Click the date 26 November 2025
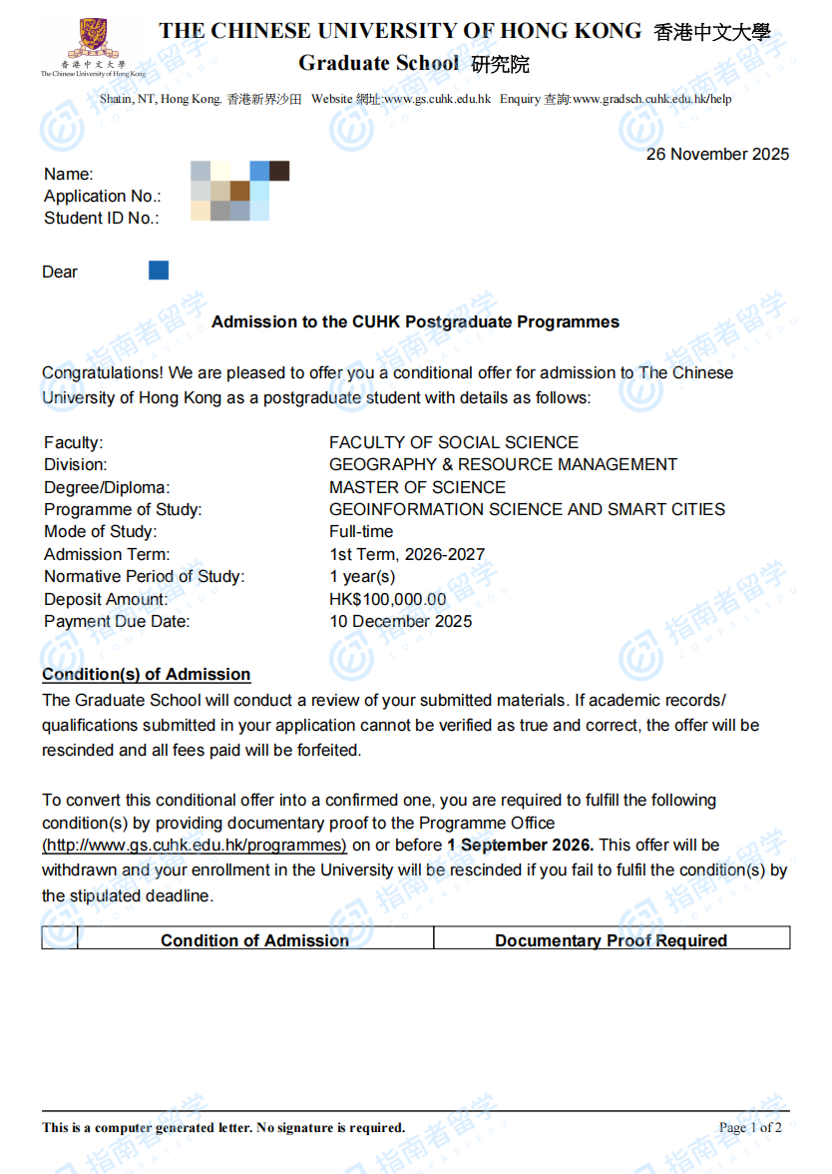pyautogui.click(x=717, y=154)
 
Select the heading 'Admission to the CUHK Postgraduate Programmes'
pyautogui.click(x=415, y=322)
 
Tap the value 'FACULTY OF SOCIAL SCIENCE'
pyautogui.click(x=454, y=442)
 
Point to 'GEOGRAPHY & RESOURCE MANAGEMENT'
pyautogui.click(x=503, y=464)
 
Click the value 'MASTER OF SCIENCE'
pyautogui.click(x=417, y=487)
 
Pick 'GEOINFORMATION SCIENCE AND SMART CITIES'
pyautogui.click(x=527, y=509)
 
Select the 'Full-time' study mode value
pyautogui.click(x=361, y=531)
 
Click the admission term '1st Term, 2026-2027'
pyautogui.click(x=407, y=554)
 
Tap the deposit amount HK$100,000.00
pyautogui.click(x=388, y=599)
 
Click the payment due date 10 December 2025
pyautogui.click(x=401, y=621)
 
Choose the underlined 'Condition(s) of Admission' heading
pyautogui.click(x=146, y=675)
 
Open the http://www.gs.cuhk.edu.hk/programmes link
pyautogui.click(x=195, y=846)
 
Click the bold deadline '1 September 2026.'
pyautogui.click(x=520, y=846)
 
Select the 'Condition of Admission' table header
pyautogui.click(x=254, y=940)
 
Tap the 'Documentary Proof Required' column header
pyautogui.click(x=611, y=940)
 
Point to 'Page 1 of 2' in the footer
pyautogui.click(x=750, y=1128)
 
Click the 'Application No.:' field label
pyautogui.click(x=102, y=196)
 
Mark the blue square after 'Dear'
pyautogui.click(x=159, y=271)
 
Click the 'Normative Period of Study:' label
pyautogui.click(x=144, y=576)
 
